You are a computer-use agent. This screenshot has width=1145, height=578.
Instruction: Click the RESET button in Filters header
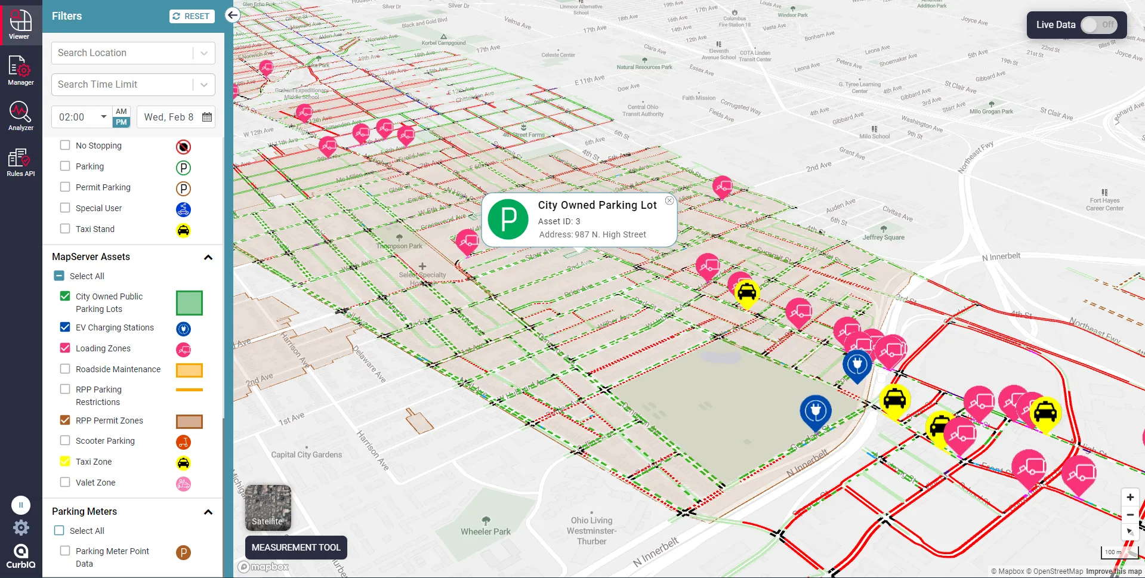(191, 16)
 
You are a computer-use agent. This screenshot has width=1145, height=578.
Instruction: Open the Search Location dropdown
(204, 53)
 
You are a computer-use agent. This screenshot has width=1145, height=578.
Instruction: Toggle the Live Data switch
(1098, 25)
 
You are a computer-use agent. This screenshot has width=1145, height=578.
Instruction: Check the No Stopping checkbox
(65, 145)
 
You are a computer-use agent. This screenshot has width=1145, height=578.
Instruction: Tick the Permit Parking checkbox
(65, 187)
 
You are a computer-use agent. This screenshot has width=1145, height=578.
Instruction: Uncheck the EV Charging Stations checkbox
(65, 327)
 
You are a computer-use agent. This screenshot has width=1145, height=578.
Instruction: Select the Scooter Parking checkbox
(65, 440)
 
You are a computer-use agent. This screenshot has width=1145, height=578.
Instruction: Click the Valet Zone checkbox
(65, 482)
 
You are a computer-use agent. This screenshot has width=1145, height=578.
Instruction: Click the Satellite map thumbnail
(268, 508)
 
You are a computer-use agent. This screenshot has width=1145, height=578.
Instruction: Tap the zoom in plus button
(1130, 497)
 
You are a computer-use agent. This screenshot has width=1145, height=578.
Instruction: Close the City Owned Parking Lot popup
(669, 201)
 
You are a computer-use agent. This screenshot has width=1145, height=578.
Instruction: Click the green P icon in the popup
(508, 220)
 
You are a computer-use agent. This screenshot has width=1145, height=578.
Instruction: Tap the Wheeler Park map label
(486, 531)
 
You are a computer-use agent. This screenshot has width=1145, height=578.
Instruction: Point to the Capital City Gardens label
(307, 455)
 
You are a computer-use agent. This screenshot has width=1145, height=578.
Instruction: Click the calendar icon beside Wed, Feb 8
(207, 117)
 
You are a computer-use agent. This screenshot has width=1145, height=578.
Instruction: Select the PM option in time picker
(121, 122)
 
